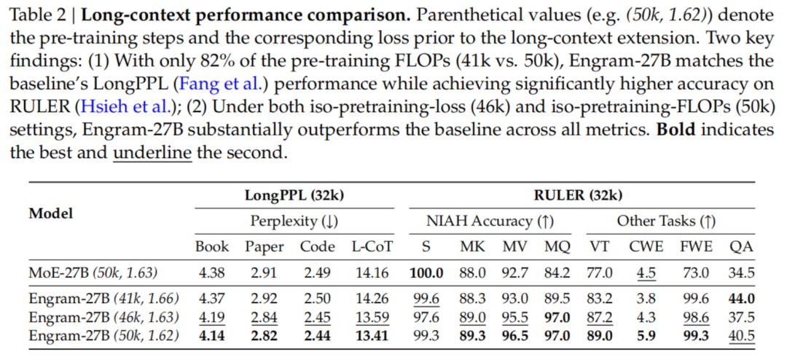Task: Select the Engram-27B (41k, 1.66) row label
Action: point(103,298)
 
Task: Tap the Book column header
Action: point(212,246)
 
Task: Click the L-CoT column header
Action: point(368,246)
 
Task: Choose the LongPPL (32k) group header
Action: point(294,195)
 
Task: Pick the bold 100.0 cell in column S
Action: point(426,273)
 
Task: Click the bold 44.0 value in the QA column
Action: point(741,298)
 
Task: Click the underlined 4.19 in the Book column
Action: point(212,317)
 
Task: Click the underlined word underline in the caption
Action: point(152,154)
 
